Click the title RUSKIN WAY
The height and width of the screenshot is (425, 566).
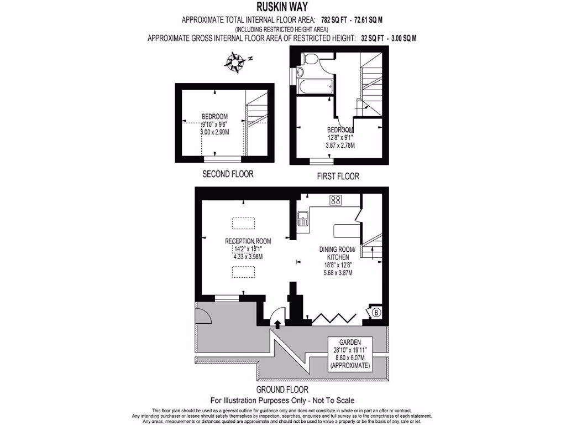(282, 7)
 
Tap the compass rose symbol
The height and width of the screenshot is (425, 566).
(237, 61)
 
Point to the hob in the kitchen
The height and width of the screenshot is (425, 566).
(335, 200)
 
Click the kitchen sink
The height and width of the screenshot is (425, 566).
(302, 219)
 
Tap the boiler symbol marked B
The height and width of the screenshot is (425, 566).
(376, 313)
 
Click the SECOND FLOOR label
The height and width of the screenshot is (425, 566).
(228, 174)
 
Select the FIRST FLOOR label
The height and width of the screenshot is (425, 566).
(338, 177)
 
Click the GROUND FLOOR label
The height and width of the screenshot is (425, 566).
(282, 389)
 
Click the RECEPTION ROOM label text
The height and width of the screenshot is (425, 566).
(248, 241)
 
